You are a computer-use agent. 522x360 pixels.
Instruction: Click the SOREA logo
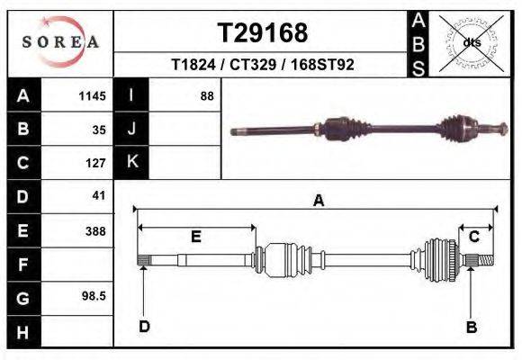click(x=60, y=42)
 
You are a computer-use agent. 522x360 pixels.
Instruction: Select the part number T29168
click(x=263, y=33)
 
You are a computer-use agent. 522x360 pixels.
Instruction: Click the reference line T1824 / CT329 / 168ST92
click(x=263, y=65)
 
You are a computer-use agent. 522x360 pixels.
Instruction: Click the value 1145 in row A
click(x=92, y=95)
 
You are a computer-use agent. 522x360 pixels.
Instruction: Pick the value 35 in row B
click(x=99, y=130)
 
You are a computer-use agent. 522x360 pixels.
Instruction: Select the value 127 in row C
click(x=95, y=164)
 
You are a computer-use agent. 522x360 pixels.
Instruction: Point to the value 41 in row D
click(x=99, y=195)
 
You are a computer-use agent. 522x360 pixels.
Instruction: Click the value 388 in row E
click(x=95, y=230)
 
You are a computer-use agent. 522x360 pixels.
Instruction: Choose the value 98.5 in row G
click(x=94, y=295)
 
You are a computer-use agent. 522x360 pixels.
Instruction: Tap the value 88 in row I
click(x=206, y=95)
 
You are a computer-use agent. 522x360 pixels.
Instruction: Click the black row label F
click(x=23, y=265)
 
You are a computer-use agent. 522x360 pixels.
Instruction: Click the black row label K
click(x=132, y=163)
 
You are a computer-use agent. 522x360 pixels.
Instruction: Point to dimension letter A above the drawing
click(x=318, y=202)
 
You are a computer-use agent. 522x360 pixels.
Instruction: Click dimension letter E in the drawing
click(x=195, y=237)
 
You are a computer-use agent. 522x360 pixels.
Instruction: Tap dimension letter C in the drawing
click(x=473, y=237)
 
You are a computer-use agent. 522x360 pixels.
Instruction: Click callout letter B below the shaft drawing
click(x=471, y=328)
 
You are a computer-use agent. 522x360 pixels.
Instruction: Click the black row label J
click(x=132, y=130)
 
